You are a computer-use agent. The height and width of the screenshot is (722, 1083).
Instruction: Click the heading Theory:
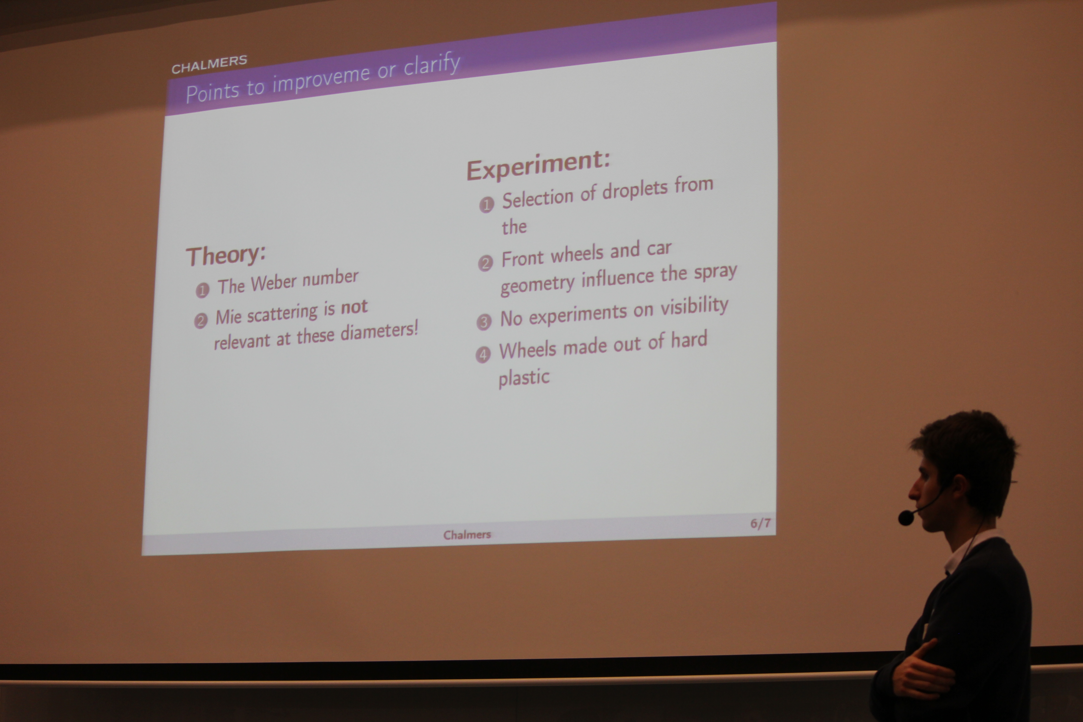coord(226,255)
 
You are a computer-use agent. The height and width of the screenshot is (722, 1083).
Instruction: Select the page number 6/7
coord(760,523)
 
